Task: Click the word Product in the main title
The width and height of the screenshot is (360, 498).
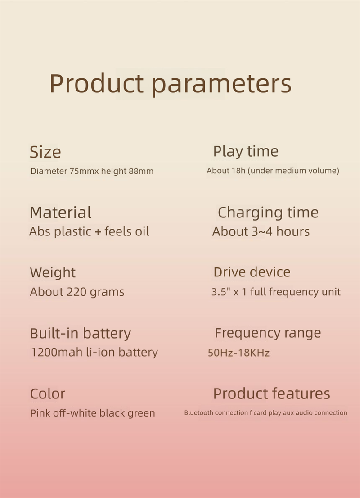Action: [x=96, y=83]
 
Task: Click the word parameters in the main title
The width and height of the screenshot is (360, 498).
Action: [x=221, y=84]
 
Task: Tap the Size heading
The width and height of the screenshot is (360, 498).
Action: [x=45, y=152]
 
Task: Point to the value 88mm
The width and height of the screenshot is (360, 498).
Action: [x=141, y=171]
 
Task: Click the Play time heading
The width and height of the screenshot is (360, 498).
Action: [x=246, y=151]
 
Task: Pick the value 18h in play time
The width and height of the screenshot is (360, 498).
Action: [x=238, y=171]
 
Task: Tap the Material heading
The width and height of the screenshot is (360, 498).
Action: [x=61, y=213]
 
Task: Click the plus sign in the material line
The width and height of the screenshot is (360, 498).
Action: [x=98, y=232]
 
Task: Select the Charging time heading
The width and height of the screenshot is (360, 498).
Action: [x=268, y=213]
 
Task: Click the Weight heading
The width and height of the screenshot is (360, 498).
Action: [x=53, y=273]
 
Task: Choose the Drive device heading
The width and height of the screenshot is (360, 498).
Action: [x=252, y=272]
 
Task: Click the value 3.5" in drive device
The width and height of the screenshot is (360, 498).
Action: [x=221, y=292]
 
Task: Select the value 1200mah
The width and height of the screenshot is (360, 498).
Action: [x=57, y=352]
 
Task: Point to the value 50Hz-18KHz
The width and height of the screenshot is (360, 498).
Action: [x=239, y=353]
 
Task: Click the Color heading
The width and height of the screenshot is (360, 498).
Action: [x=48, y=394]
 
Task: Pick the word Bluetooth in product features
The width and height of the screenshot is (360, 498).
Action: [x=199, y=412]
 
